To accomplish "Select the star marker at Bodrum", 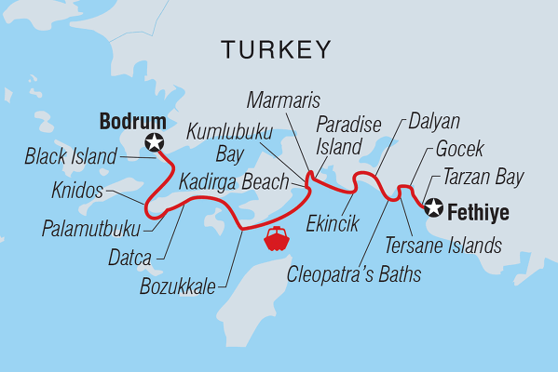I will pos(154,142).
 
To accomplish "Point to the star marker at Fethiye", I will pos(434,208).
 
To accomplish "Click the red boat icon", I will pos(278,240).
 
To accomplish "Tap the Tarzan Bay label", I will pos(483,177).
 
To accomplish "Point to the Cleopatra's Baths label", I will pos(353,274).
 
